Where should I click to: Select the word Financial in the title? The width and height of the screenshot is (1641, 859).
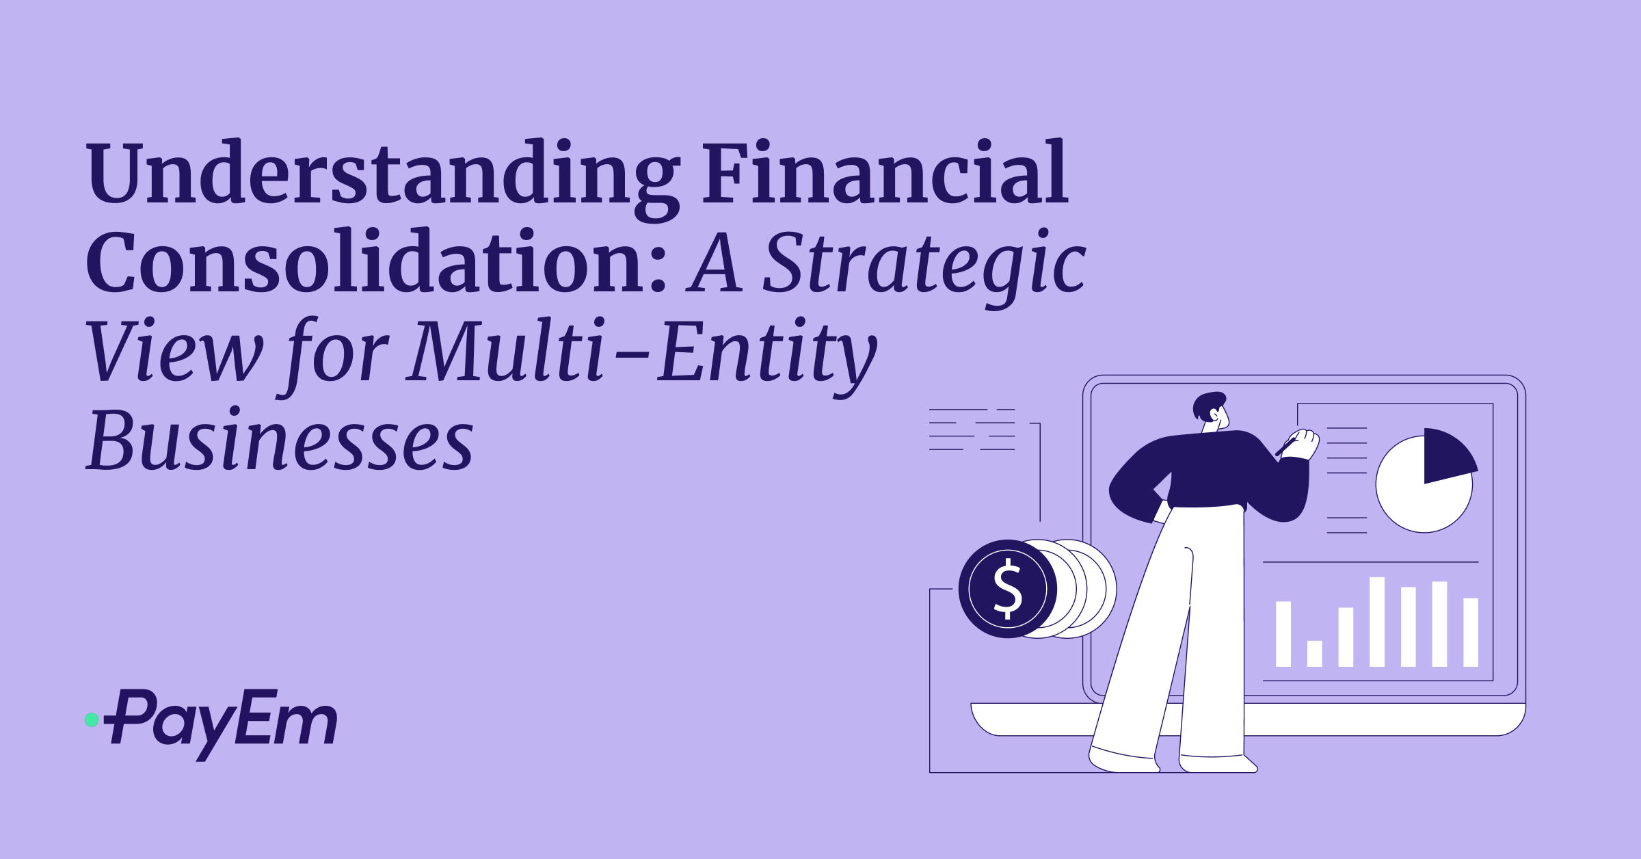click(885, 174)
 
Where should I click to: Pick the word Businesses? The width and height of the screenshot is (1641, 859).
click(280, 441)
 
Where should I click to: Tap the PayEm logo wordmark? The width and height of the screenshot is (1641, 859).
click(222, 722)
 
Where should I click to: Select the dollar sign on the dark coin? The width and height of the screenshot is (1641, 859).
click(1007, 589)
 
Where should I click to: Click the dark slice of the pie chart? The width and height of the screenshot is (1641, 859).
click(1446, 455)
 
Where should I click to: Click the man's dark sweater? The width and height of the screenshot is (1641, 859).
click(1210, 472)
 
